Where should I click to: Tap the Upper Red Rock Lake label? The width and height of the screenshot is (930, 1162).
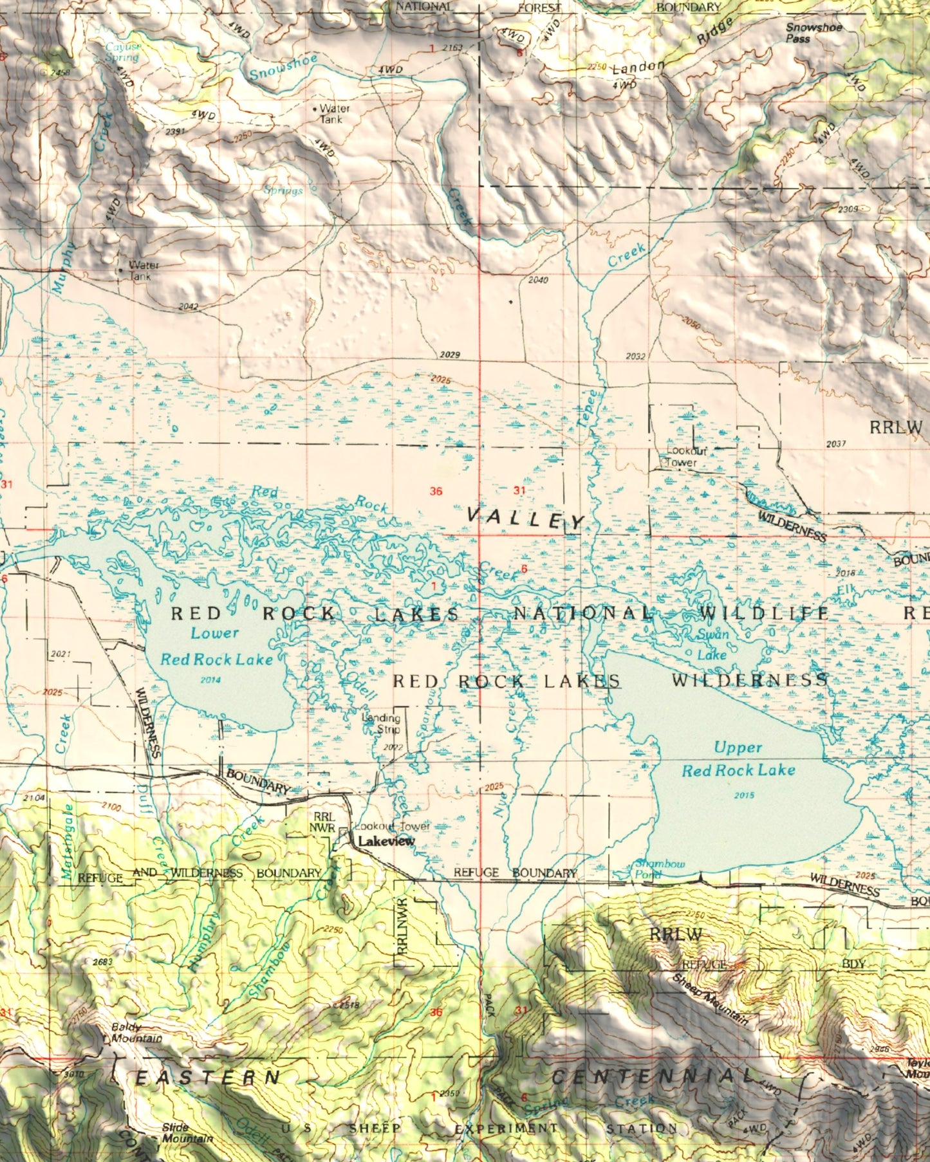pyautogui.click(x=738, y=759)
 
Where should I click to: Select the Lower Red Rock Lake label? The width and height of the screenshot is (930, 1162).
pyautogui.click(x=216, y=646)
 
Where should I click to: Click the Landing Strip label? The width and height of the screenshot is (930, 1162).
pyautogui.click(x=382, y=724)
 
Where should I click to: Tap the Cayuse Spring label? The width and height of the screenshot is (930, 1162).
pyautogui.click(x=122, y=52)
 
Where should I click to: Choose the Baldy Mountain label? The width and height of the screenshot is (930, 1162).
pyautogui.click(x=136, y=1033)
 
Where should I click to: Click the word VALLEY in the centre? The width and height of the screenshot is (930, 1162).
pyautogui.click(x=525, y=518)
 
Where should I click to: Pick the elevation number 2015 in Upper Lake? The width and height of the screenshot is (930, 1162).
pyautogui.click(x=743, y=795)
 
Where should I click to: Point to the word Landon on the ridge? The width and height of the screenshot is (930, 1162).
pyautogui.click(x=638, y=67)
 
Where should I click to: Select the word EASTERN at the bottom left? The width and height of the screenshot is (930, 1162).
pyautogui.click(x=207, y=1078)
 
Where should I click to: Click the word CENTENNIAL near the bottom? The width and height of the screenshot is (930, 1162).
pyautogui.click(x=653, y=1076)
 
